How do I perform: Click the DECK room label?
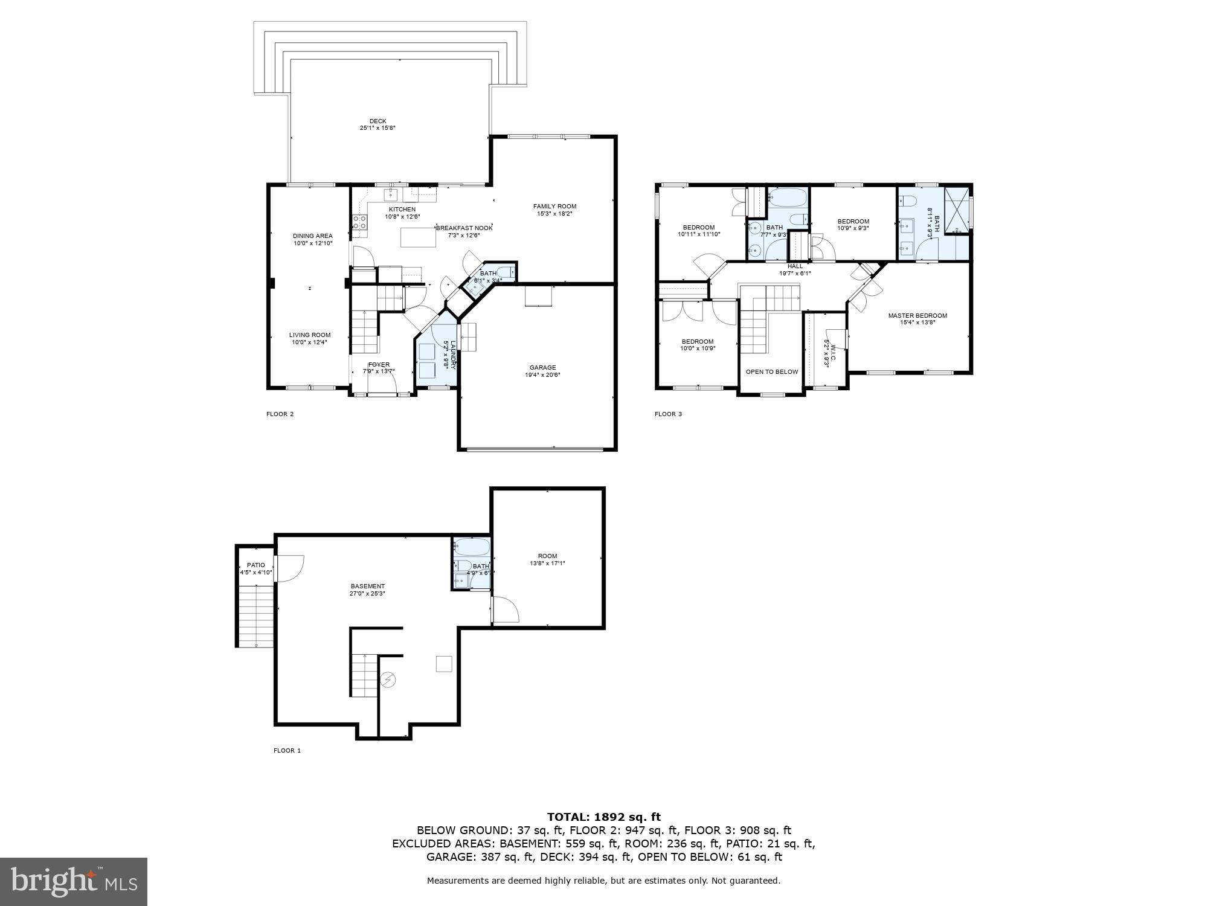coord(377,121)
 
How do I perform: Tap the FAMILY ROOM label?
coord(554,206)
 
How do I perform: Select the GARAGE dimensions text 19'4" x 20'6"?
coord(542,375)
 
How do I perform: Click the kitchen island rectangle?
coord(418,237)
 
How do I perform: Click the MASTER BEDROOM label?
coord(917,315)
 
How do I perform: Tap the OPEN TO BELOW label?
coord(771,371)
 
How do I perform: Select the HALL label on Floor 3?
coord(795,266)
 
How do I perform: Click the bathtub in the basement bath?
coord(471,547)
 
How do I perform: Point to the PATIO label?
coord(255,565)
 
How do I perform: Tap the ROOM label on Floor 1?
coord(547,556)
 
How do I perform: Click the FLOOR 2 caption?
coord(280,414)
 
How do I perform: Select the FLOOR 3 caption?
coord(668,414)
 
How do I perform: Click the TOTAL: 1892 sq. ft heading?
coord(603,817)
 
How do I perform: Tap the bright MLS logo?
coord(74,881)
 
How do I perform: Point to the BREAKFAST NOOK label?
coord(464,228)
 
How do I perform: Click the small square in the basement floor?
coord(444,663)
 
